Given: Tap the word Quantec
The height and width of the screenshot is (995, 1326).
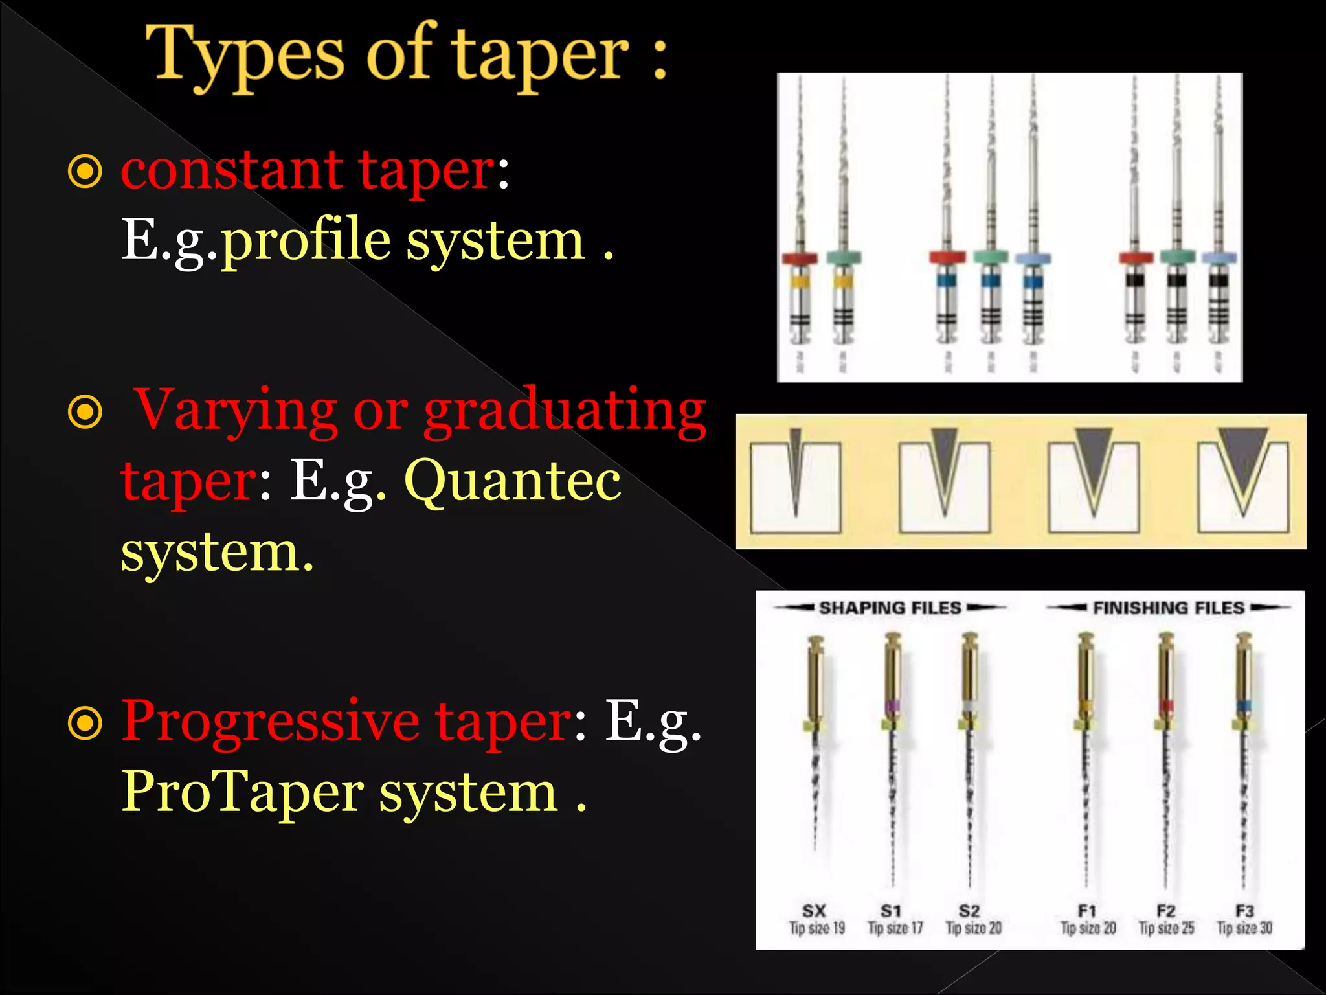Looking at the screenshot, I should click(512, 481).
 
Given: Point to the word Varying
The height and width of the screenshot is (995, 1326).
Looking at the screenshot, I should click(237, 409).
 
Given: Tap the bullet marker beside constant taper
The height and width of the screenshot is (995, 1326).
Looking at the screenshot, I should click(85, 172).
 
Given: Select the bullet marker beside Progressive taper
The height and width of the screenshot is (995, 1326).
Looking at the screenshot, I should click(85, 724).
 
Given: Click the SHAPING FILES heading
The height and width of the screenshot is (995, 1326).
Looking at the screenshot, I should click(890, 608).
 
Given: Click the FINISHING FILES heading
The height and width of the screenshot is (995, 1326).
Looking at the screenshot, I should click(1169, 608).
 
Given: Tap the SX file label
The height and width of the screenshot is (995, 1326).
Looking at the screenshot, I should click(814, 911).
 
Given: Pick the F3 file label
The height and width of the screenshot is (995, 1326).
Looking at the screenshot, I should click(1244, 911).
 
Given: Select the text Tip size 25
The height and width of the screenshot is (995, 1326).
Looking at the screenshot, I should click(1166, 928).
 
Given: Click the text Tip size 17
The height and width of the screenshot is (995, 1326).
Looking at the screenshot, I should click(895, 928).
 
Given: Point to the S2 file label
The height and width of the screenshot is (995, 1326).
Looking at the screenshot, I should click(969, 911).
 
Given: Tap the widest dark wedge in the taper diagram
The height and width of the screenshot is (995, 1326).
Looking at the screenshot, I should click(1243, 457).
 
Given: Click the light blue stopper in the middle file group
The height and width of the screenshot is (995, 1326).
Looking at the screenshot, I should click(1033, 258).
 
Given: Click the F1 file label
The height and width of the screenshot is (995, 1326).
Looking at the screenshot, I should click(1086, 911).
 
